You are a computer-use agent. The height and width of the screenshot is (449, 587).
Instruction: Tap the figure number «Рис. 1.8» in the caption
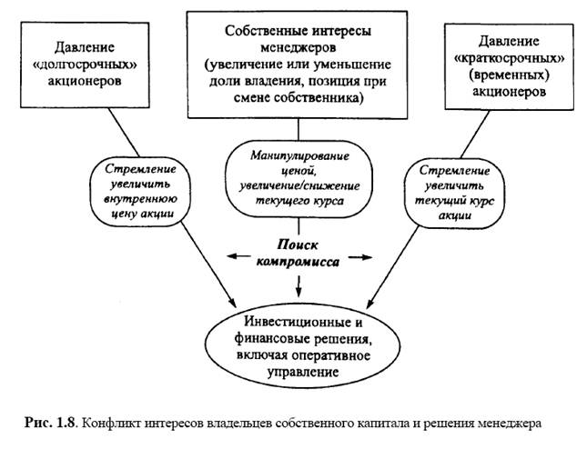point(48,423)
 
